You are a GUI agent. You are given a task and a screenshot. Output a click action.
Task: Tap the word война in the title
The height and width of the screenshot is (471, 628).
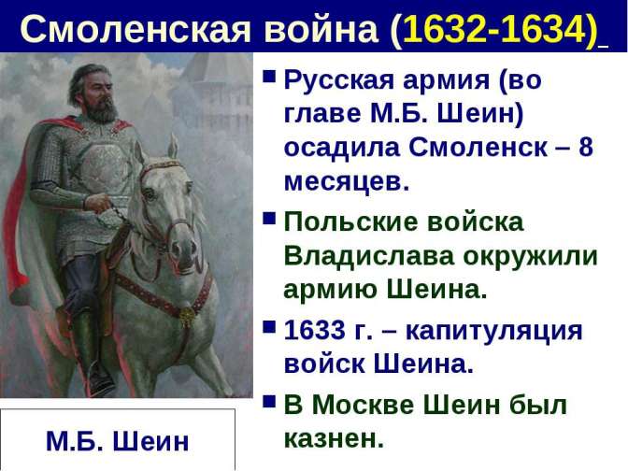(321, 28)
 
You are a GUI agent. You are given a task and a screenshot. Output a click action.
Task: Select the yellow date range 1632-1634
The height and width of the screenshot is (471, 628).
(494, 28)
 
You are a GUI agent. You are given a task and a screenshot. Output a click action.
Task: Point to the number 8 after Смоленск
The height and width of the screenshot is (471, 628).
(586, 147)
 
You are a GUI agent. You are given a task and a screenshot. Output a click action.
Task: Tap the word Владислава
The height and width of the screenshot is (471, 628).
(369, 255)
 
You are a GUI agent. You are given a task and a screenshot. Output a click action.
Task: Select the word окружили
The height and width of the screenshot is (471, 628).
(530, 256)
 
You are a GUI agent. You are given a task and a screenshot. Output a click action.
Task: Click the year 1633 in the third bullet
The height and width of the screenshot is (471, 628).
(315, 331)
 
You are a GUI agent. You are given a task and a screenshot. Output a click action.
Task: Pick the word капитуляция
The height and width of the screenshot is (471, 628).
(493, 332)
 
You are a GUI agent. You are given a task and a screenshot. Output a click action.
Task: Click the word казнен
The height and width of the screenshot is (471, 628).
(334, 439)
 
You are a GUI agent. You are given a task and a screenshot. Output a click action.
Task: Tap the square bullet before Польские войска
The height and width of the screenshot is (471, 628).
(269, 219)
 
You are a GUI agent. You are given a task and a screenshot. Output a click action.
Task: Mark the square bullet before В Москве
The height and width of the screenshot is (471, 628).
(269, 402)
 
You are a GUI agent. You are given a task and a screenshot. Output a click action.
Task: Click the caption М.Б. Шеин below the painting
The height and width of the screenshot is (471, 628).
(118, 441)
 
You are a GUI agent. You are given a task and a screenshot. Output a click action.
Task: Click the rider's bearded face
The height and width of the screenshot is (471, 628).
(97, 96)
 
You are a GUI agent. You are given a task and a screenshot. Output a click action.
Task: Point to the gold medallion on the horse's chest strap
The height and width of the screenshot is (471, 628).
(187, 315)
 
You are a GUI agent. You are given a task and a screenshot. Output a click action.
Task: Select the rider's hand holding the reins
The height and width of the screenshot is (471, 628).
(98, 203)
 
